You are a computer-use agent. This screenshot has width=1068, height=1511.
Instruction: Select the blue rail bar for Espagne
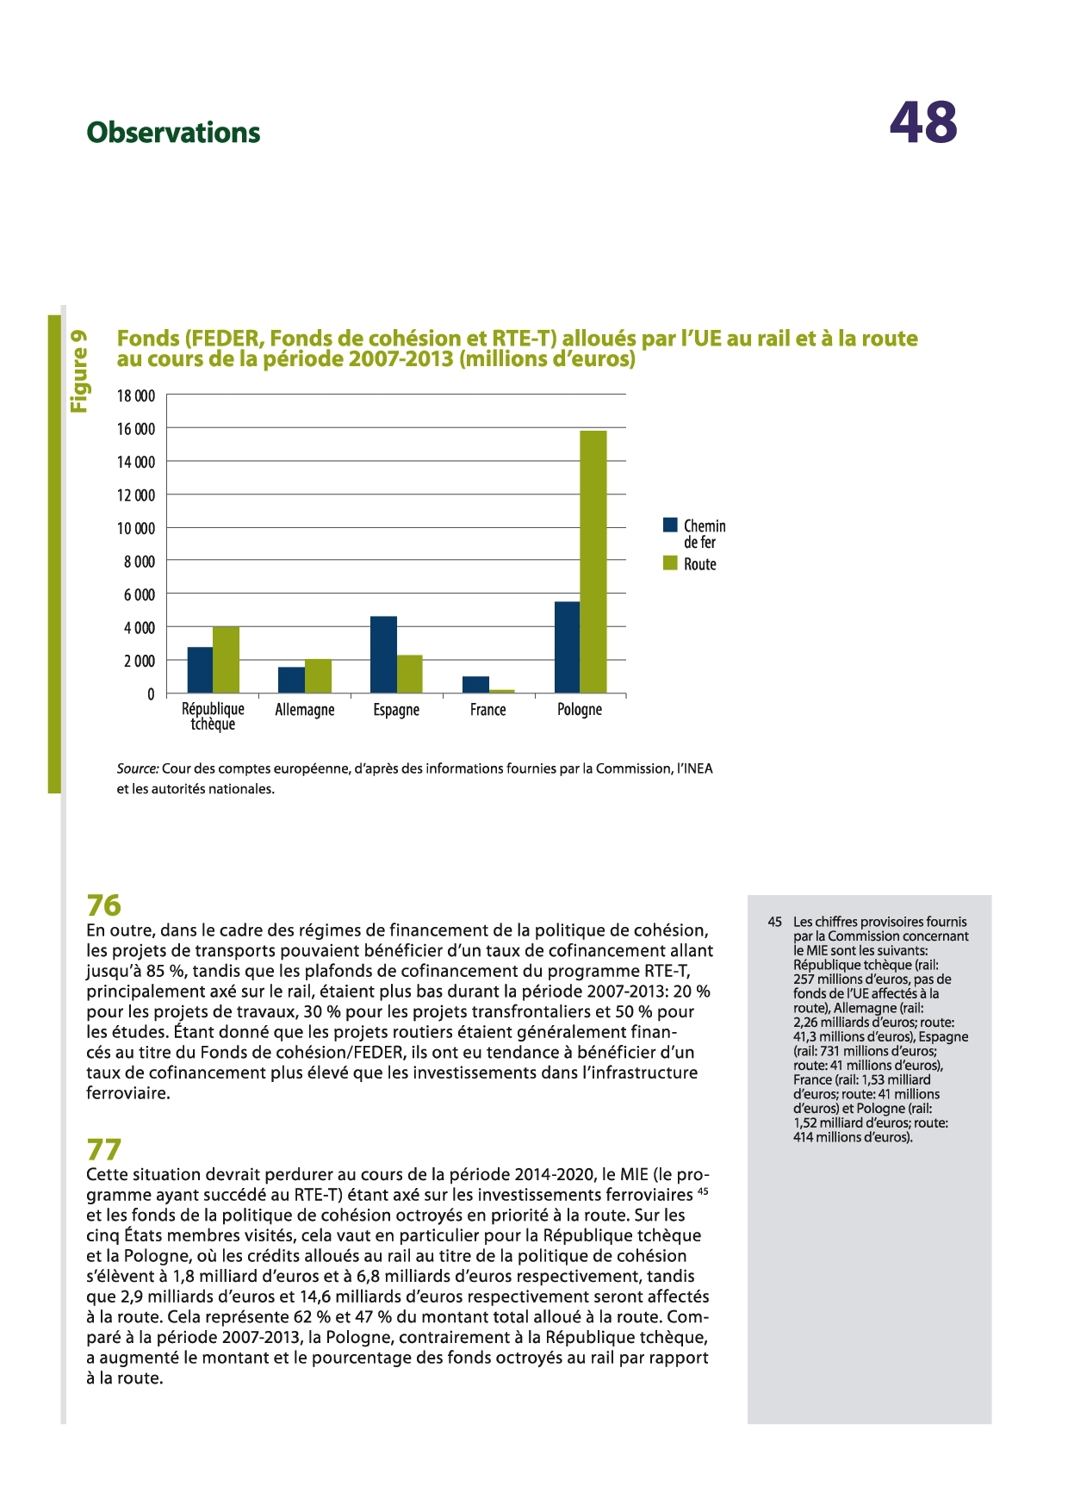(x=383, y=655)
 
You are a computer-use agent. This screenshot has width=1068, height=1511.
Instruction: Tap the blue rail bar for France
(x=475, y=685)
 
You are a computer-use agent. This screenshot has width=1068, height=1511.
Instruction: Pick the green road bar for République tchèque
(x=226, y=660)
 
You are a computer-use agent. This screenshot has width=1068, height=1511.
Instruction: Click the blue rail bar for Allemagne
(x=291, y=680)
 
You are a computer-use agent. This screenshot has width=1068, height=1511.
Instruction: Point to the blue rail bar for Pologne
(x=567, y=647)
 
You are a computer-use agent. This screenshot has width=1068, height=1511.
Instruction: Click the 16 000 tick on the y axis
(x=136, y=429)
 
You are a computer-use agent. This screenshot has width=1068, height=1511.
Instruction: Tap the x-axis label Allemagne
(x=304, y=710)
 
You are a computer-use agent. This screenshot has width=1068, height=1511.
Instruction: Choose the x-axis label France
(x=487, y=710)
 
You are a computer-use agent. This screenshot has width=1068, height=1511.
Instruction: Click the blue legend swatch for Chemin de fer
(x=670, y=525)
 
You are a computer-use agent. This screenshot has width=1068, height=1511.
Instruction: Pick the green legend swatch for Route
(x=670, y=563)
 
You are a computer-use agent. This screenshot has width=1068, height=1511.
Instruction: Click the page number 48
(x=922, y=122)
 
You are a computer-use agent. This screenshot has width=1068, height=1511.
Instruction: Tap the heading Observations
(x=173, y=133)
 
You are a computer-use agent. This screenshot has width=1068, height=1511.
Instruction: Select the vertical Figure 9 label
(x=78, y=370)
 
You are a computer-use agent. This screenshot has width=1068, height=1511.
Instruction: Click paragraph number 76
(x=104, y=905)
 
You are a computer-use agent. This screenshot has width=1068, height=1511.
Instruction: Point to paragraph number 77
(x=104, y=1150)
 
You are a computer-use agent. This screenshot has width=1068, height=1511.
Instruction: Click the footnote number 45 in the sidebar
(x=774, y=922)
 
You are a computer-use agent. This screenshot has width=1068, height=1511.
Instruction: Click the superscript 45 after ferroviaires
(x=703, y=1191)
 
